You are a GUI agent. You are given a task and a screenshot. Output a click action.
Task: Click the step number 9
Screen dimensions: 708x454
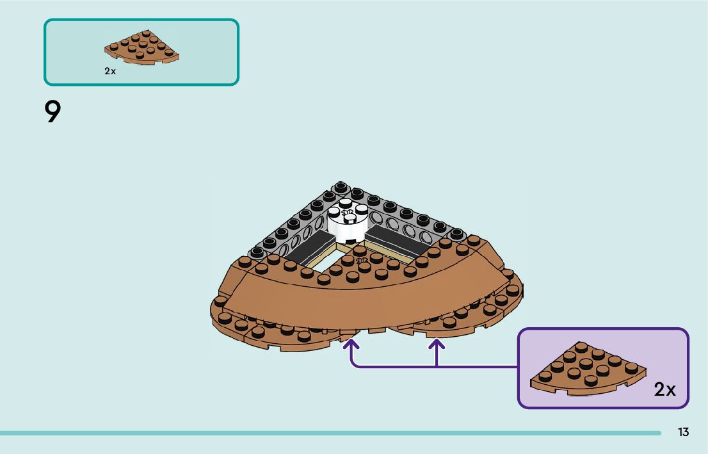[52, 113]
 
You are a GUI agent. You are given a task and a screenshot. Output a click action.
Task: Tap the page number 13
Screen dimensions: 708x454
[683, 432]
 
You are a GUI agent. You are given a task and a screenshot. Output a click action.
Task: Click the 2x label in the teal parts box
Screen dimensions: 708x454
[110, 72]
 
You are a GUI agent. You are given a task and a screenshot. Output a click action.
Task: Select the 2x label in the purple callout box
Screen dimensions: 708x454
[664, 389]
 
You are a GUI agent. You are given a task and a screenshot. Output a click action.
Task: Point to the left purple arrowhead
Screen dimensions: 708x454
[351, 346]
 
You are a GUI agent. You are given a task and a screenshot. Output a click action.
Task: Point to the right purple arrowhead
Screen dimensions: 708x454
[436, 346]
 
